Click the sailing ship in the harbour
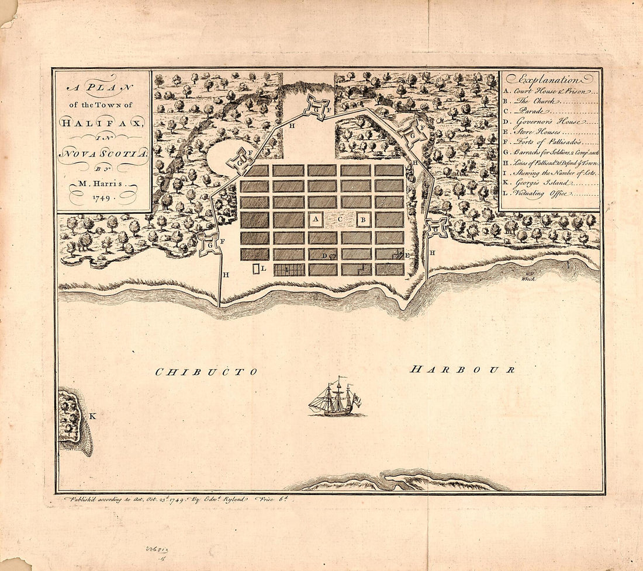pos(335,399)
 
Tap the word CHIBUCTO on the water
pos(206,372)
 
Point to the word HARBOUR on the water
pos(462,370)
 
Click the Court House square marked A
pos(316,220)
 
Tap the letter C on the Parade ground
pos(340,220)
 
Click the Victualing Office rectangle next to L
pos(255,269)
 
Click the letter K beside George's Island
pos(92,416)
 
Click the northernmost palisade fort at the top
pos(316,108)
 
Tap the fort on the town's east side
pos(437,228)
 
